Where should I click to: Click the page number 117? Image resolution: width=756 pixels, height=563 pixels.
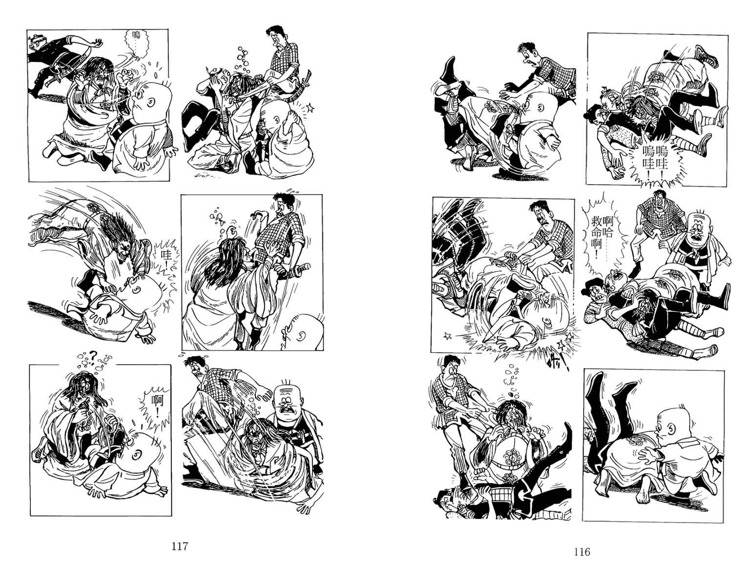(180, 546)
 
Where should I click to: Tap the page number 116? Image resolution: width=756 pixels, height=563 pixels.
(581, 551)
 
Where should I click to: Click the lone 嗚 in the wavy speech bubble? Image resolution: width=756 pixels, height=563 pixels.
(136, 35)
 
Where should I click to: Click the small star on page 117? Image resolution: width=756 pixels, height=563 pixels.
(310, 108)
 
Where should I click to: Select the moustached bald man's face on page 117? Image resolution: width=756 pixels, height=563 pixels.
(286, 408)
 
